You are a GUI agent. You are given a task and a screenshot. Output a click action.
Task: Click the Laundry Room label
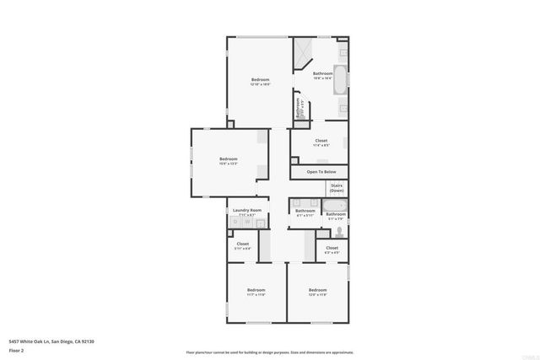point(247,210)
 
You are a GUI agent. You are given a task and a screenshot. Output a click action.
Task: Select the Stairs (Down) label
point(337,187)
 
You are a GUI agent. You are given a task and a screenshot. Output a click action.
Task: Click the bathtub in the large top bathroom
point(339,79)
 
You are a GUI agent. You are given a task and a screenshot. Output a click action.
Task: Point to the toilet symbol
point(340,230)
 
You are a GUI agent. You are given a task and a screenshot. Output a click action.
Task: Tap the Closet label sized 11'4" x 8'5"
point(321,142)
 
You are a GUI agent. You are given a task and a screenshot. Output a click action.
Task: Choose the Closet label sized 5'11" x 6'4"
point(243,245)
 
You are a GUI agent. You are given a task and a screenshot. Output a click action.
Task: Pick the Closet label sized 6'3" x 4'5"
point(332,249)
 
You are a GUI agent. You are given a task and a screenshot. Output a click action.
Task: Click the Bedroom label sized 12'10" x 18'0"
point(260,81)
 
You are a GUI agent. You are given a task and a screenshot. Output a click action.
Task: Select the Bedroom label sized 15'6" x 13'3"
point(229,160)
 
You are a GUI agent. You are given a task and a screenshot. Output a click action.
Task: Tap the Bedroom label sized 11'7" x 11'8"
point(256,291)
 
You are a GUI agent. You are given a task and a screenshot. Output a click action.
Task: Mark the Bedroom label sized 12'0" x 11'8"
point(317,291)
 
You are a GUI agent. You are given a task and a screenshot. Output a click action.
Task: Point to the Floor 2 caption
point(17,349)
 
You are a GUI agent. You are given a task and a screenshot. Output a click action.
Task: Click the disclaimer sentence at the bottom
point(269,352)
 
